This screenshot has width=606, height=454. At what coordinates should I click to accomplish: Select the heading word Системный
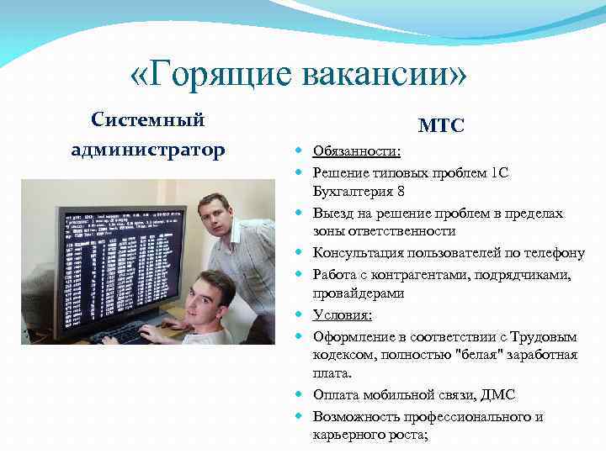(x=148, y=119)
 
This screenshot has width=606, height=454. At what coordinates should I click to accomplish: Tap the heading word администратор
(x=148, y=150)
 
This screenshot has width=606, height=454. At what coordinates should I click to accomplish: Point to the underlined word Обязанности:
(x=357, y=152)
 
